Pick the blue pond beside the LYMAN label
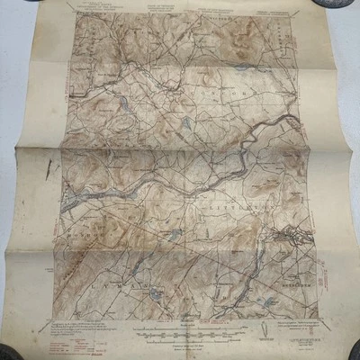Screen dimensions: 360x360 coord(155,293)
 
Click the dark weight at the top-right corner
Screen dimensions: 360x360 coord(346,7)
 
